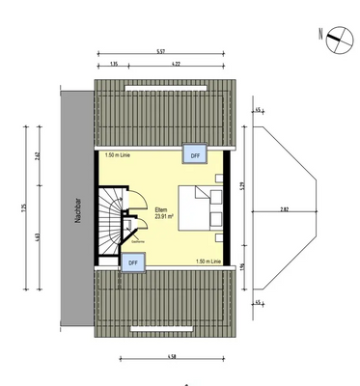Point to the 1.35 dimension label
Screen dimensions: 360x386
point(113,64)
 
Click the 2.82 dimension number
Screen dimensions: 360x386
point(284,207)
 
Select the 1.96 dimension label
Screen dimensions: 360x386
point(244,268)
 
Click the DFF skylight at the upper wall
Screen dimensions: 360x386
point(194,154)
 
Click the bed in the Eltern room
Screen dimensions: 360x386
point(208,207)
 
